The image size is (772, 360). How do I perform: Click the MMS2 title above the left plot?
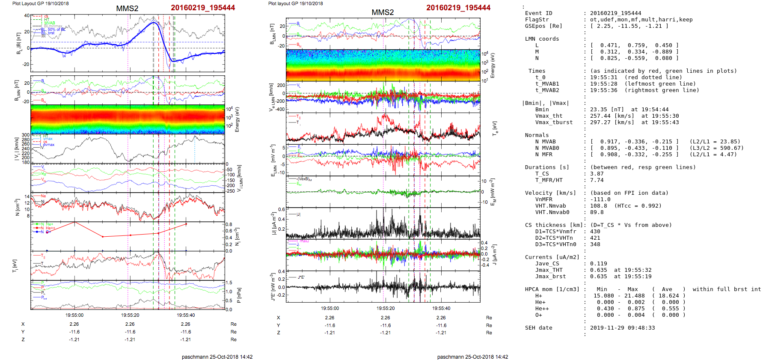coord(127,9)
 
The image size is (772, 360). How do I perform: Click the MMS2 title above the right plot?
coord(383,12)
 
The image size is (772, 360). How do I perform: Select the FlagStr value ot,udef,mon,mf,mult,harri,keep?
coord(641,20)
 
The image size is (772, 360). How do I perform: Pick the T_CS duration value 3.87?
coord(597,174)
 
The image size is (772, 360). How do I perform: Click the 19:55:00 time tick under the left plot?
coord(74,315)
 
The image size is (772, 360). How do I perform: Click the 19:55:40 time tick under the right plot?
coord(441,308)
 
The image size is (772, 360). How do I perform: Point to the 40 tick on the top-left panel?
coord(27,15)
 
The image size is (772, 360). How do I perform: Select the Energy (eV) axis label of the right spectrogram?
coord(493,65)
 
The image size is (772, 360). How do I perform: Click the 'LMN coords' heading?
coord(542,39)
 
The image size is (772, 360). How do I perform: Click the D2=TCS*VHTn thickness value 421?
coord(595,238)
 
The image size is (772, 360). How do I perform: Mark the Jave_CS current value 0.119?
coord(598,264)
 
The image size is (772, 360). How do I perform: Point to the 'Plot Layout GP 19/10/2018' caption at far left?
coord(40,3)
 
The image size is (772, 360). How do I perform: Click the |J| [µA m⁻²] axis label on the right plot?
coord(273,223)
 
